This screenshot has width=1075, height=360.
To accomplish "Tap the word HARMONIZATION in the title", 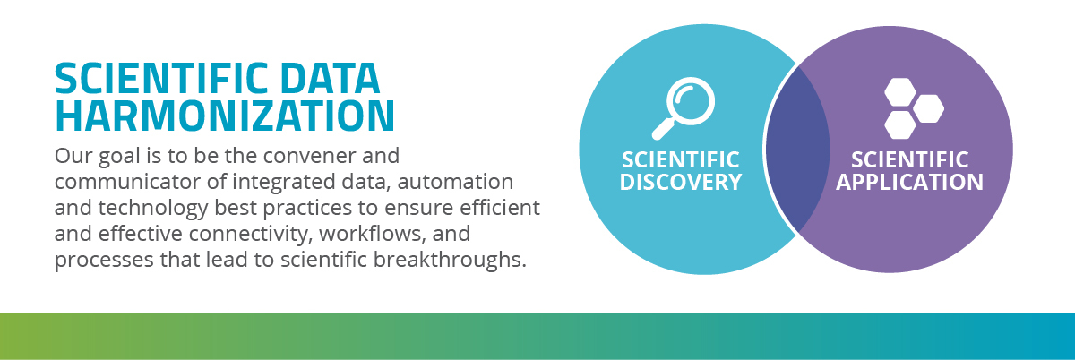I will point(224,116).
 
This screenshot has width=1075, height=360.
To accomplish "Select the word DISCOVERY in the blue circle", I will point(682,182).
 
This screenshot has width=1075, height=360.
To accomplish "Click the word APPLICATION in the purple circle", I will point(909,182).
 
